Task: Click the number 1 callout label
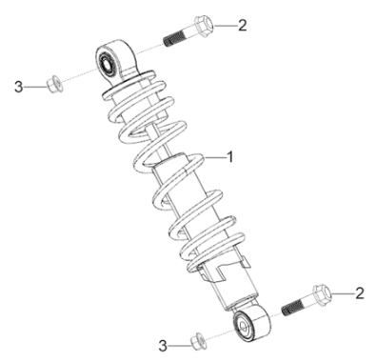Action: (230, 157)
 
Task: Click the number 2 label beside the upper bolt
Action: (243, 25)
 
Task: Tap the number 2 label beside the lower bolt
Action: (360, 293)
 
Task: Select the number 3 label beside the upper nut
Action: (19, 87)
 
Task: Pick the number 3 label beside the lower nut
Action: (163, 346)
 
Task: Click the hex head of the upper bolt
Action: (204, 24)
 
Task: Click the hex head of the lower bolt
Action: (322, 292)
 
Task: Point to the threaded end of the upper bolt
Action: (171, 41)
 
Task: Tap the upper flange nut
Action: (54, 83)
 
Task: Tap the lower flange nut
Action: (198, 341)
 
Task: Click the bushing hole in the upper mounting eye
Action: (105, 64)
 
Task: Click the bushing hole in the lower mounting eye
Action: (244, 326)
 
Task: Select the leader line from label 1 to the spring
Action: (214, 157)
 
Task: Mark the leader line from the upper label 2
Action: (226, 25)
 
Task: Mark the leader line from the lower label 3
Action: (180, 346)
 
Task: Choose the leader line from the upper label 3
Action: (36, 87)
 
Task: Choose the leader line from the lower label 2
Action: (343, 293)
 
